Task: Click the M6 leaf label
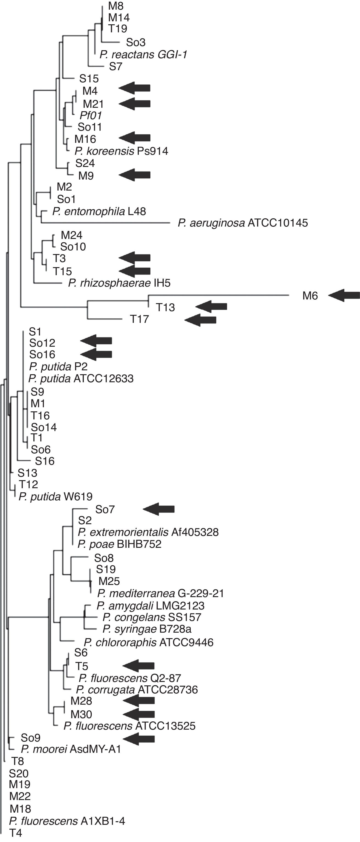pyautogui.click(x=310, y=296)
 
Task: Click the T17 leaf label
pyautogui.click(x=140, y=319)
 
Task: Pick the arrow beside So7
pyautogui.click(x=159, y=509)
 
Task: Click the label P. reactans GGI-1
pyautogui.click(x=143, y=54)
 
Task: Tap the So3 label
pyautogui.click(x=136, y=42)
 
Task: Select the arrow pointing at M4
pyautogui.click(x=134, y=88)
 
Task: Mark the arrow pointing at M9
pyautogui.click(x=134, y=175)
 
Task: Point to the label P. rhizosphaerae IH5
pyautogui.click(x=119, y=283)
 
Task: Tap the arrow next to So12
pyautogui.click(x=96, y=341)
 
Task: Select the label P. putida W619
pyautogui.click(x=56, y=497)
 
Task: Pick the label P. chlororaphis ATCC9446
pyautogui.click(x=148, y=642)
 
